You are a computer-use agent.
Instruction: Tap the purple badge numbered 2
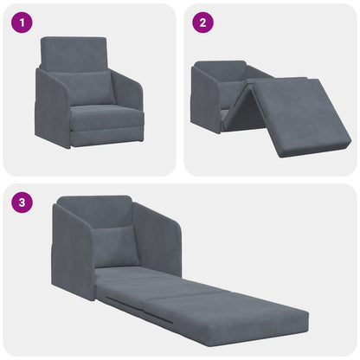point(203,23)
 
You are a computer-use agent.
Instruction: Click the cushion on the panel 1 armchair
point(92,87)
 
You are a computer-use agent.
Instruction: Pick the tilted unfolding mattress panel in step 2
point(299,112)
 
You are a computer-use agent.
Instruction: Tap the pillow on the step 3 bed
point(116,247)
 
